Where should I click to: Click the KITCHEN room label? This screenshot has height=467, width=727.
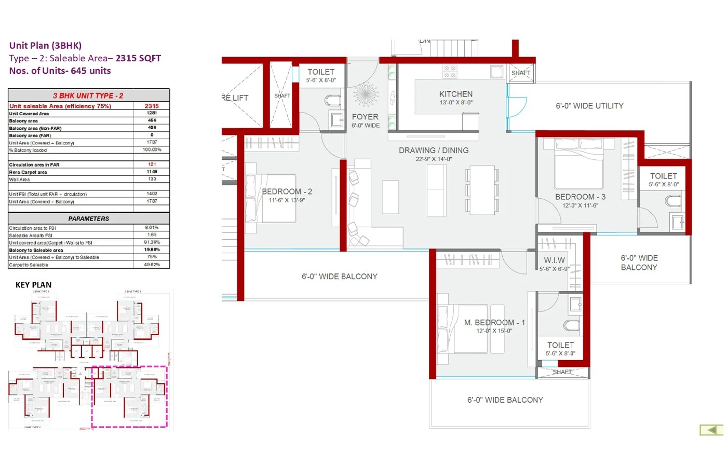[x=455, y=94]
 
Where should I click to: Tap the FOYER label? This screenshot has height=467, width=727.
[x=365, y=117]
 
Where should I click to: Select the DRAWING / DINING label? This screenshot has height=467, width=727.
[x=434, y=150]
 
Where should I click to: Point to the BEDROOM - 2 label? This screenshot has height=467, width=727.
[x=287, y=192]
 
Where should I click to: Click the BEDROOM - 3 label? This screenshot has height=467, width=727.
[x=580, y=197]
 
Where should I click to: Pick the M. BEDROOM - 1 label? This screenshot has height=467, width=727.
[x=494, y=323]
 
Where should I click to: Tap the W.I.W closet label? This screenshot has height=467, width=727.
[x=554, y=260]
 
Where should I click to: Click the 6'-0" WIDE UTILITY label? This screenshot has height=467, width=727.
[x=589, y=106]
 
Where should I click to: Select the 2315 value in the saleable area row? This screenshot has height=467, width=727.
[x=152, y=106]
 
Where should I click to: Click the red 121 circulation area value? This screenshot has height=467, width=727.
[x=152, y=164]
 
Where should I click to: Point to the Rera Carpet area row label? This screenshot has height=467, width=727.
[x=28, y=172]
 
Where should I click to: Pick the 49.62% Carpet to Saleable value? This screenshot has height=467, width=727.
[x=152, y=265]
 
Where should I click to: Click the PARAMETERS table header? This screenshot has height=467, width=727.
[x=89, y=219]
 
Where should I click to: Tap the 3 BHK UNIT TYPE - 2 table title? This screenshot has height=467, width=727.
[x=88, y=95]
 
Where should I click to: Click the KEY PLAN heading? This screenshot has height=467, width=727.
[x=34, y=285]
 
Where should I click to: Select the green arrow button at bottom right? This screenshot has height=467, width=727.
[x=712, y=430]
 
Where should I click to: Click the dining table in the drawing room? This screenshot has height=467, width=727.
[x=482, y=190]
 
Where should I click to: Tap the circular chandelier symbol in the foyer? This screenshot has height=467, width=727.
[x=366, y=95]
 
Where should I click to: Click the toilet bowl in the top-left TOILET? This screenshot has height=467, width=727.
[x=332, y=100]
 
